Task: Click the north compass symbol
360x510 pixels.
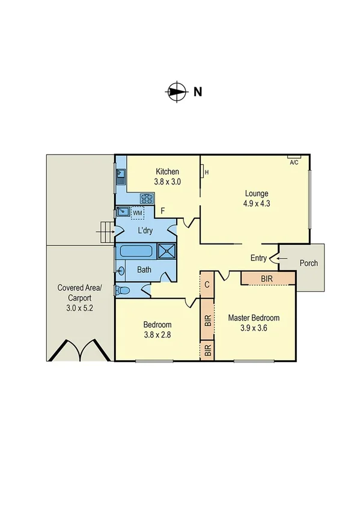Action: point(175,92)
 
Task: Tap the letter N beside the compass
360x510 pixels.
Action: point(197,92)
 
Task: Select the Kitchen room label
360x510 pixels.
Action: point(168,171)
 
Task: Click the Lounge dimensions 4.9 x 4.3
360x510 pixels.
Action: point(256,203)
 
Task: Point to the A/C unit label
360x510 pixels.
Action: point(294,162)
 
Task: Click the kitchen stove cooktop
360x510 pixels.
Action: point(147,197)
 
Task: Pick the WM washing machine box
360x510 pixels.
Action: point(138,212)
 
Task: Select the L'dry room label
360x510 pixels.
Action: point(144,231)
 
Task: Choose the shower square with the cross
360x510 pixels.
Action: point(167,251)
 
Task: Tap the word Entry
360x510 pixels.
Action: point(258,258)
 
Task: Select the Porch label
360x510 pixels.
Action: point(308,263)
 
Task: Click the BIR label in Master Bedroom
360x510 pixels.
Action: point(267,278)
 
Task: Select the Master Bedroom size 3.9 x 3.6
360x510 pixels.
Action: point(253,328)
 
